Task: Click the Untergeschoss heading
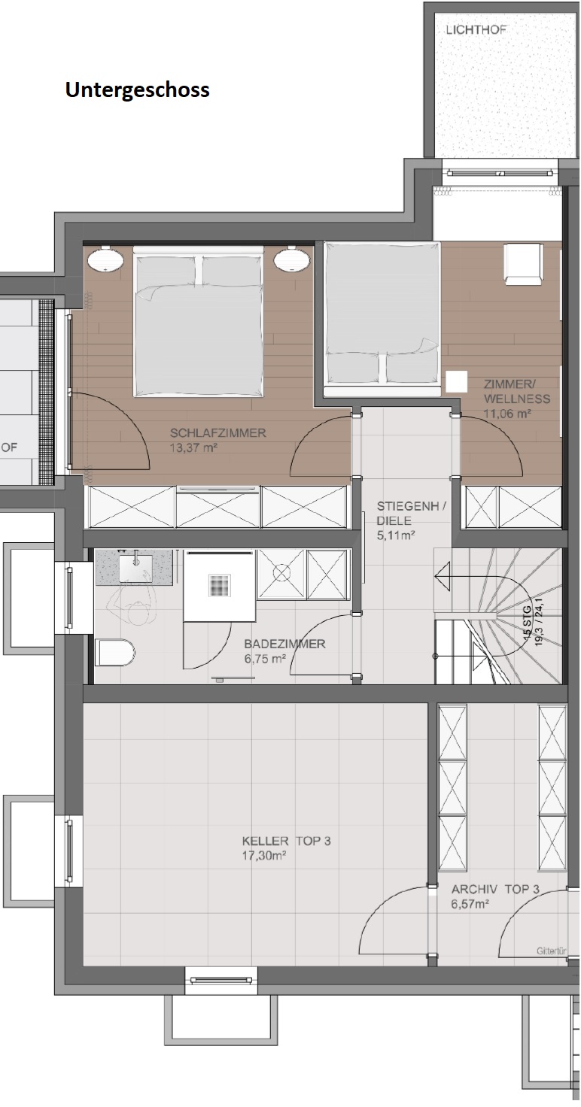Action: [138, 90]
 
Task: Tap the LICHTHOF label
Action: [476, 29]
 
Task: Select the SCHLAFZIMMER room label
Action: [218, 433]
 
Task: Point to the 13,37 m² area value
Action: [194, 447]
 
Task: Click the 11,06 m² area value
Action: [507, 413]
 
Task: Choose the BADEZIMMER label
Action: [284, 644]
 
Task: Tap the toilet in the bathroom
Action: [114, 652]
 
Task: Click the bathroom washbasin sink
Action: [135, 568]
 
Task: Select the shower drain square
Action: [220, 585]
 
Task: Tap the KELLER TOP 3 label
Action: [286, 841]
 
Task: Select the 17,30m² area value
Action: [265, 856]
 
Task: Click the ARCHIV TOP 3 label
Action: [495, 889]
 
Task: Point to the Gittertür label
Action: [552, 951]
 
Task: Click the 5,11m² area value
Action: [396, 535]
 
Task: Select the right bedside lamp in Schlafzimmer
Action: [292, 259]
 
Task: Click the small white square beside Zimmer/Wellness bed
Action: [456, 381]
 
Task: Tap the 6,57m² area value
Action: [470, 904]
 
